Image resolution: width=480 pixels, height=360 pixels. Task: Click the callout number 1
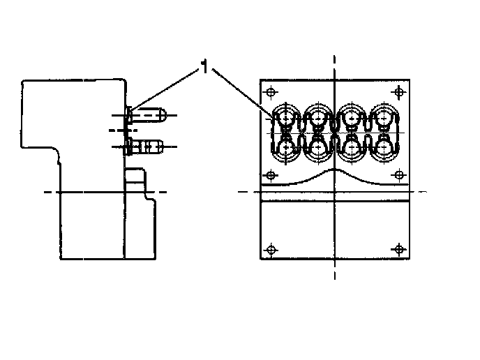coord(204,67)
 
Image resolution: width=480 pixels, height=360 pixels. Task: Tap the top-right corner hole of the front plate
coord(398,91)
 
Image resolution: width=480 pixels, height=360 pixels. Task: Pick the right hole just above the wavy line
coord(398,174)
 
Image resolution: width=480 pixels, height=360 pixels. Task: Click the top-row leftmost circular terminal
coord(287,118)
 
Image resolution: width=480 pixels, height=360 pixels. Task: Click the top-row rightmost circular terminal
coord(383,118)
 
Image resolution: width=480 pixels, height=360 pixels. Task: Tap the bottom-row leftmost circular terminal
coord(287,147)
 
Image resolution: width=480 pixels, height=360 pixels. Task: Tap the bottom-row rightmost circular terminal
coord(383,147)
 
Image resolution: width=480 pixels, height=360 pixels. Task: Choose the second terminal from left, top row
coord(319,118)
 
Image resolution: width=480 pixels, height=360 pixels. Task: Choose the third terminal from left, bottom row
coord(351,147)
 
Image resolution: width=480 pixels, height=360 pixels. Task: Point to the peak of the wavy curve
coord(336,170)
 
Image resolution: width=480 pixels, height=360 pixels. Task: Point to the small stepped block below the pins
coord(137,180)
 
